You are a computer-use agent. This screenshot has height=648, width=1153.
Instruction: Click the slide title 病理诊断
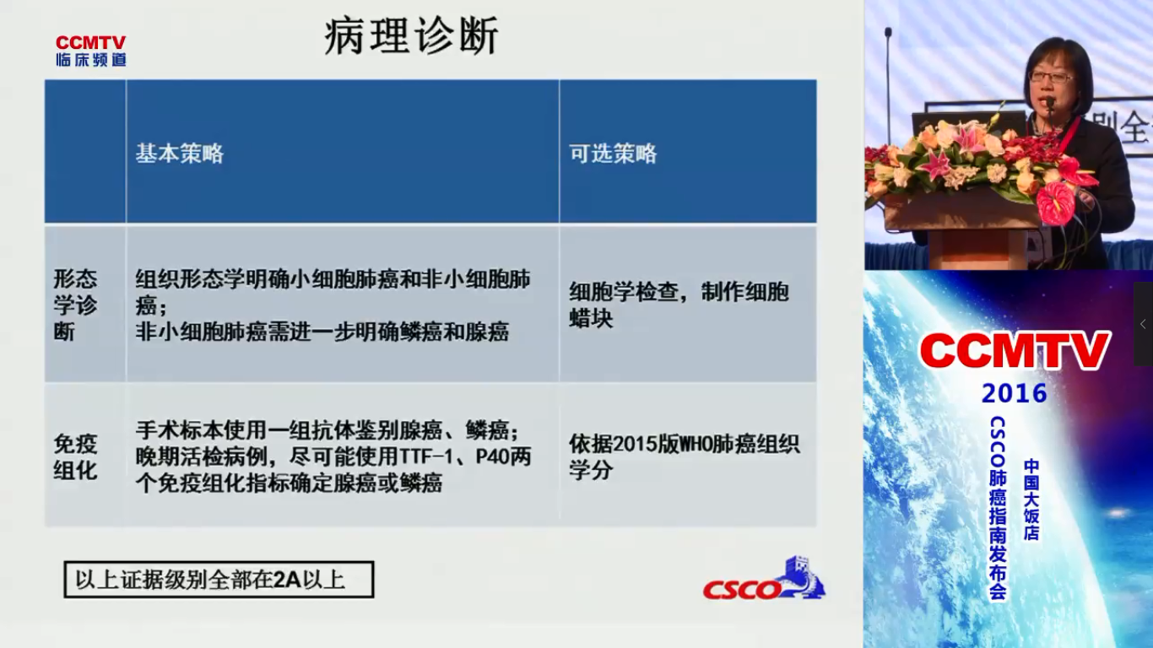411,36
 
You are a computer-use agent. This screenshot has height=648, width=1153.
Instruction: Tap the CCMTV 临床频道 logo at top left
90,51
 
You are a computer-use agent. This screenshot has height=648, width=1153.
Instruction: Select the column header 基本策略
179,154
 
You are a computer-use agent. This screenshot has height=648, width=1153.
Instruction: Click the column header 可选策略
613,154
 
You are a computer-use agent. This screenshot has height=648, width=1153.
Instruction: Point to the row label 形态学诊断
75,305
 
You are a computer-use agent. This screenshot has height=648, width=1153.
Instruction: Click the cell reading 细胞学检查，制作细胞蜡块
679,305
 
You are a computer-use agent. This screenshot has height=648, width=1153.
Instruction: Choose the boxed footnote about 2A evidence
219,580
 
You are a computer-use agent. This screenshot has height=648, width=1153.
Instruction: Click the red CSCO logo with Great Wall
765,579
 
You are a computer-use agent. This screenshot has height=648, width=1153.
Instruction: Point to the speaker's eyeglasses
1050,78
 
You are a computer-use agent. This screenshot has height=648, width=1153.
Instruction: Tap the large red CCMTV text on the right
1015,351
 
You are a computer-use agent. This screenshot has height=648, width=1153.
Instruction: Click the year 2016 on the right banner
1014,394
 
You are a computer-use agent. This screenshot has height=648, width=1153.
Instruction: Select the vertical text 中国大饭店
1031,499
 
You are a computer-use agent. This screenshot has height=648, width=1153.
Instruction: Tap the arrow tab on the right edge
1143,324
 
